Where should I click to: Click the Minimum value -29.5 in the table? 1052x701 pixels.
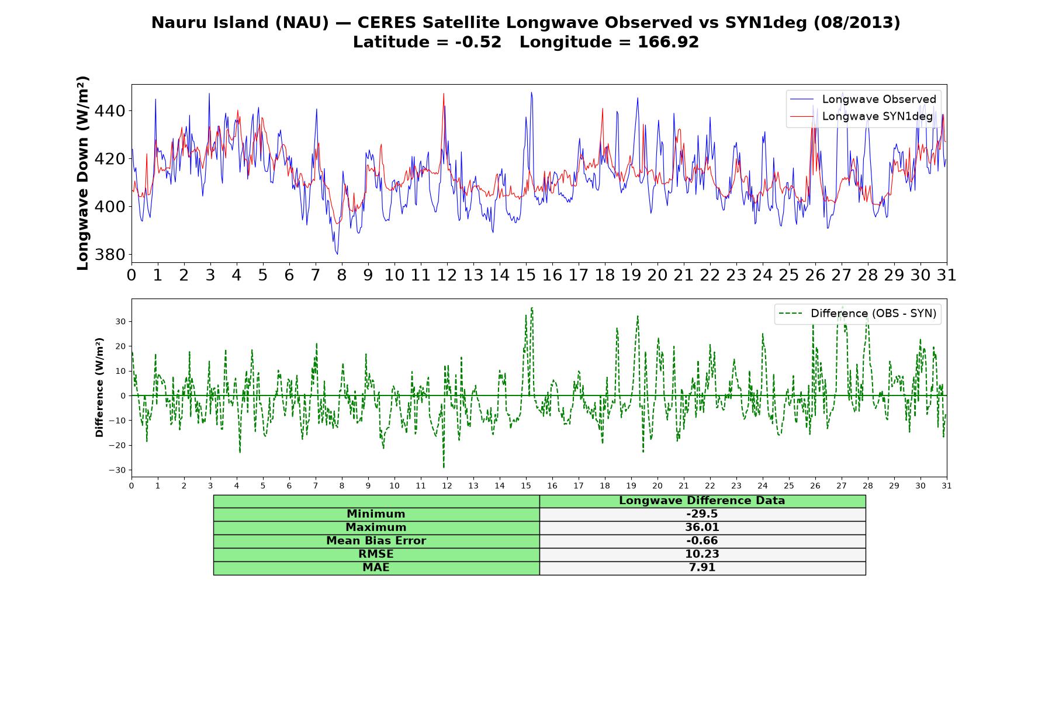(x=702, y=514)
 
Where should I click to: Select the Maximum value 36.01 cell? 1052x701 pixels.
(x=702, y=528)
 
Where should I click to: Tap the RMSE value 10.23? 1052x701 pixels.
(x=702, y=554)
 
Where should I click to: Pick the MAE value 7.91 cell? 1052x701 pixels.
(x=702, y=567)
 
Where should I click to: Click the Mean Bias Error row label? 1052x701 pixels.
(x=376, y=541)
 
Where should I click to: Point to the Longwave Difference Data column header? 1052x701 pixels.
(x=702, y=501)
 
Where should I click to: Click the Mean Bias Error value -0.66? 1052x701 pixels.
(x=702, y=541)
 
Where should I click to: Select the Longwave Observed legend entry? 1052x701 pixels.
(x=863, y=99)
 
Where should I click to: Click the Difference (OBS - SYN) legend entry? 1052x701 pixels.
(x=858, y=314)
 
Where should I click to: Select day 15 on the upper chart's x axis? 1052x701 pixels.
(x=526, y=275)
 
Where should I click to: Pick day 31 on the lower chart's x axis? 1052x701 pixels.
(x=947, y=486)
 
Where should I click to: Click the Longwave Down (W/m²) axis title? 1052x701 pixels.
(x=82, y=173)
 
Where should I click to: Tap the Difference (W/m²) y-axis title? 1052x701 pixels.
(x=99, y=387)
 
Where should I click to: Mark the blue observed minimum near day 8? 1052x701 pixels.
(x=337, y=254)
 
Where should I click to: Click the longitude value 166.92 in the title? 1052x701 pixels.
(x=668, y=42)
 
